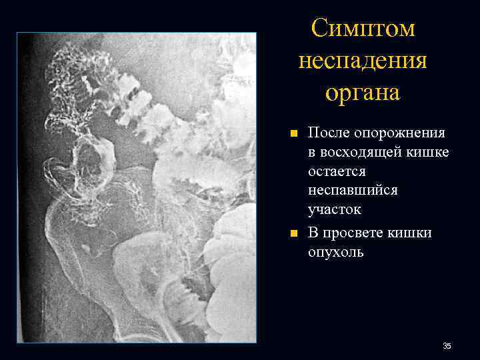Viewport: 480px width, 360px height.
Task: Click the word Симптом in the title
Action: pyautogui.click(x=363, y=29)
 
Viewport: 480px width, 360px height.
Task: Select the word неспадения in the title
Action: pyautogui.click(x=363, y=61)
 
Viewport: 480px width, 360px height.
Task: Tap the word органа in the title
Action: pyautogui.click(x=363, y=93)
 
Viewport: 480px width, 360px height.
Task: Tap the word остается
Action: pyautogui.click(x=337, y=171)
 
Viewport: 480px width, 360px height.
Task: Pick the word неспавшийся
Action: pyautogui.click(x=353, y=191)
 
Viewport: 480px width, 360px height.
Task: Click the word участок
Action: pyautogui.click(x=334, y=210)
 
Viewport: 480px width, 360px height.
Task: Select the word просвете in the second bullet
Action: pyautogui.click(x=353, y=233)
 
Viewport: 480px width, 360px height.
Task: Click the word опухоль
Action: pyautogui.click(x=335, y=252)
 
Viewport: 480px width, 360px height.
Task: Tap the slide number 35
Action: pyautogui.click(x=447, y=346)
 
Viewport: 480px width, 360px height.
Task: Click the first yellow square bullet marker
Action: pyautogui.click(x=293, y=133)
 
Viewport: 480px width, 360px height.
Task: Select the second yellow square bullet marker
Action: pyautogui.click(x=293, y=233)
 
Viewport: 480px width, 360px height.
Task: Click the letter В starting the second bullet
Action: pyautogui.click(x=312, y=233)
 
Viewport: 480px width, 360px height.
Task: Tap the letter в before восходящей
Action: pyautogui.click(x=311, y=153)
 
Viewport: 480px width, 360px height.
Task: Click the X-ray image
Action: pyautogui.click(x=137, y=187)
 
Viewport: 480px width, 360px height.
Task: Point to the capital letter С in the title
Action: pyautogui.click(x=319, y=29)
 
